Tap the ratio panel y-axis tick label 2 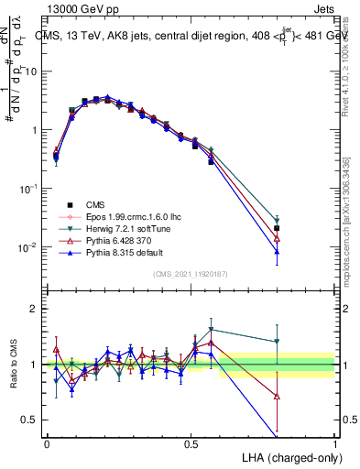tap(36, 310)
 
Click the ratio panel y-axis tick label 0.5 tap(32, 420)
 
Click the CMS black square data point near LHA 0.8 tap(277, 228)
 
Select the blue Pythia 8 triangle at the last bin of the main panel tap(277, 251)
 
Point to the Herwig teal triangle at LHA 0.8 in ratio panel tap(277, 343)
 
